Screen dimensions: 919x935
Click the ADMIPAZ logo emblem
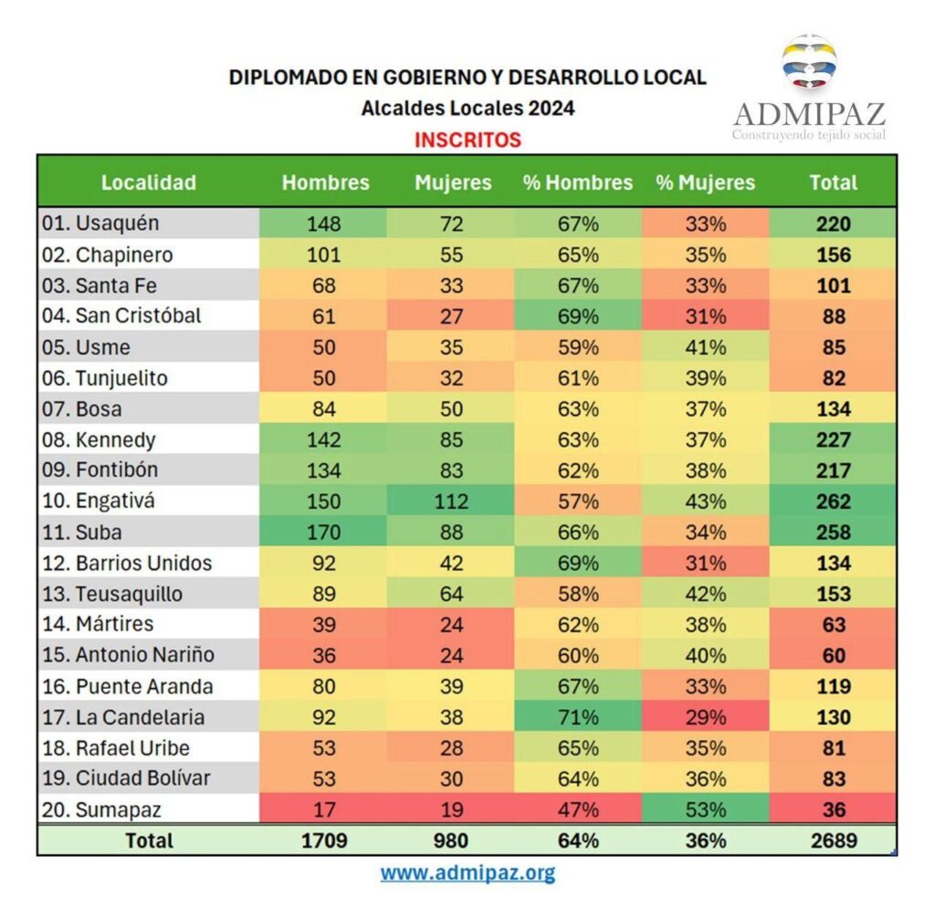(x=809, y=63)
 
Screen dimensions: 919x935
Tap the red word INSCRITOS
(x=467, y=140)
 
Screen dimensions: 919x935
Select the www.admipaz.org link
(x=467, y=872)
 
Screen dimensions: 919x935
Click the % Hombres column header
(x=577, y=182)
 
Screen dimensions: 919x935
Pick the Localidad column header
(x=148, y=182)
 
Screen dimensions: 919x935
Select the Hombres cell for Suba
(x=323, y=533)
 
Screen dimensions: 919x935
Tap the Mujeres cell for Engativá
(x=451, y=502)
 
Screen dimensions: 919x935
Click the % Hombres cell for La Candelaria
(x=577, y=717)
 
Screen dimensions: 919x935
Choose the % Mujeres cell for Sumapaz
(x=705, y=809)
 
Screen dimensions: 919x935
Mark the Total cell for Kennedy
(x=833, y=439)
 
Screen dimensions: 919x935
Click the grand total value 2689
(x=833, y=840)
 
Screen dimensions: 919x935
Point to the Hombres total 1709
(x=323, y=840)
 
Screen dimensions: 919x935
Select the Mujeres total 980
(x=451, y=840)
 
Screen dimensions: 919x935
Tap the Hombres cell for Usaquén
(x=323, y=224)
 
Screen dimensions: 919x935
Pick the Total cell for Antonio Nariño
(x=833, y=656)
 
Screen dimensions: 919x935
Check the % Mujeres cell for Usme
(x=705, y=347)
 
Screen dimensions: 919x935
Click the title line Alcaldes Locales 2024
(x=467, y=108)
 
